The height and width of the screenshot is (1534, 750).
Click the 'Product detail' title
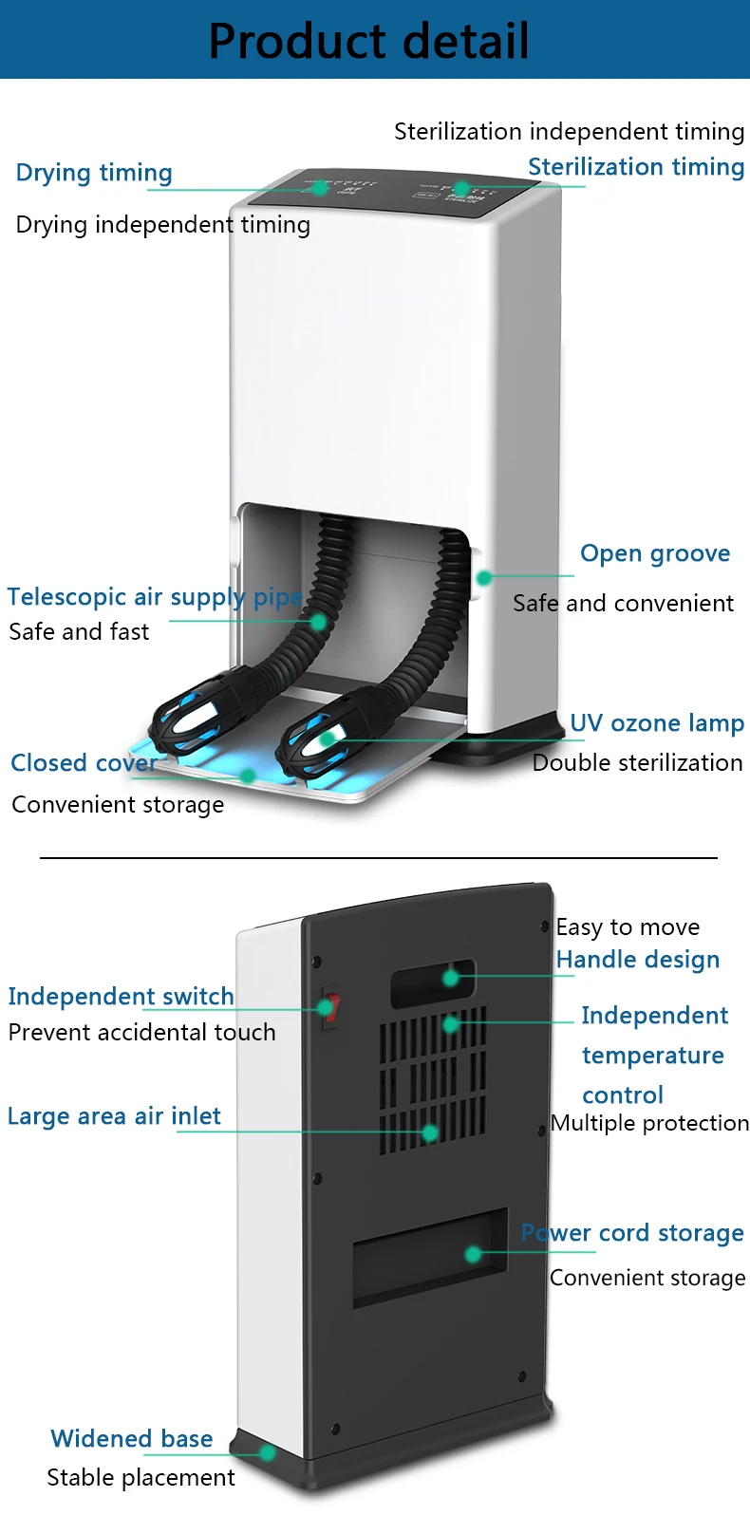click(368, 41)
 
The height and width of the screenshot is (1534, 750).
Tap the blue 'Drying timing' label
click(94, 173)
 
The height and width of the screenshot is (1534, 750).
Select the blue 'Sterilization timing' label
click(635, 167)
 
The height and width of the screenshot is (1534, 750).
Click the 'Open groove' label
click(655, 553)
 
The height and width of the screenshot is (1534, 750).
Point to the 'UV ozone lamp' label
click(656, 723)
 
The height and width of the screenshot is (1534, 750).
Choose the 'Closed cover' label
click(84, 763)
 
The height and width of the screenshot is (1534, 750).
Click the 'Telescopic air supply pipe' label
click(155, 597)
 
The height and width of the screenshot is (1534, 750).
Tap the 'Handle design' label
click(637, 960)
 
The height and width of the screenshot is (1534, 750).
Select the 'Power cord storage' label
click(632, 1233)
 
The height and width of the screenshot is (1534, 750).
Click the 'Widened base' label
click(131, 1439)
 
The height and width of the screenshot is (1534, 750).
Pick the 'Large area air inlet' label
click(114, 1116)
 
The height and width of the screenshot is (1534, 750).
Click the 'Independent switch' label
click(121, 997)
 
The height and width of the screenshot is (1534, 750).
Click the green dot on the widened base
click(268, 1452)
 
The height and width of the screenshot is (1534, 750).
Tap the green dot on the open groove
click(483, 577)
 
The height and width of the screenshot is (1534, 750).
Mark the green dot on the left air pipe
click(319, 623)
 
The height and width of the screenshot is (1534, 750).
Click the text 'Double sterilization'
click(637, 763)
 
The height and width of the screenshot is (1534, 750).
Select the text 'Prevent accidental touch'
click(141, 1033)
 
